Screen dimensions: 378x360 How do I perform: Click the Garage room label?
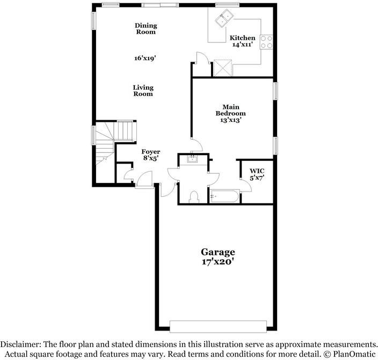point(218,252)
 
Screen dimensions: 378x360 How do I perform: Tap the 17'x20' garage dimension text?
point(218,262)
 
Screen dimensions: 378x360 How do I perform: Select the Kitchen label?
point(242,38)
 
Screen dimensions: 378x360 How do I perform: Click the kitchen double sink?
point(224,18)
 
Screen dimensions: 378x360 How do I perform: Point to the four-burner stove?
point(266,42)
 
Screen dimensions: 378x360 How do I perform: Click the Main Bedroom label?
point(231,110)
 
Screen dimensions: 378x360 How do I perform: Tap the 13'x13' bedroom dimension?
point(231,120)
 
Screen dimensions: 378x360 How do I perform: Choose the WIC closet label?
point(257,171)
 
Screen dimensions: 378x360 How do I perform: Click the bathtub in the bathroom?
point(224,196)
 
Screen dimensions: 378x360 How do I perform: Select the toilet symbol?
point(194,197)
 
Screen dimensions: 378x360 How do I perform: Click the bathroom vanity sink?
point(192,159)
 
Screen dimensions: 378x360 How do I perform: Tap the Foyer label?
point(151,152)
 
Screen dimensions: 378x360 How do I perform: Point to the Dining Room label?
point(146,28)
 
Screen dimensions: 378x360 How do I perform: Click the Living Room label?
point(143,91)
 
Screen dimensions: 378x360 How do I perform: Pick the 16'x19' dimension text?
point(144,58)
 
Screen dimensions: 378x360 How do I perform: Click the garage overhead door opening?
point(218,327)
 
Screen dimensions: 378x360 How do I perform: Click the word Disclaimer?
point(21,344)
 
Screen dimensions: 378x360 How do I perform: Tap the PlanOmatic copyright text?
point(350,354)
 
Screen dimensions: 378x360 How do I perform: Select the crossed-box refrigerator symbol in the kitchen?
point(223,68)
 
